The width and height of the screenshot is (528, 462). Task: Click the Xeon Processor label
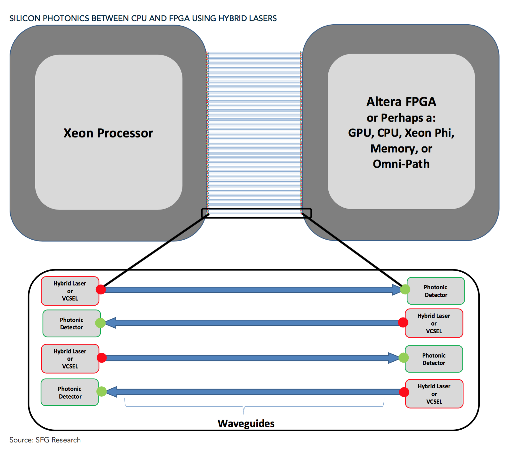pyautogui.click(x=108, y=133)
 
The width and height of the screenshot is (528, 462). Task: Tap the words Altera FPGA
pyautogui.click(x=401, y=102)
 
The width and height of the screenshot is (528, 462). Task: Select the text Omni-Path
pyautogui.click(x=401, y=164)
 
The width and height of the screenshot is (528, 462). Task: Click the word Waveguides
pyautogui.click(x=246, y=424)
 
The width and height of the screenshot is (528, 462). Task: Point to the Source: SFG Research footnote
pyautogui.click(x=45, y=440)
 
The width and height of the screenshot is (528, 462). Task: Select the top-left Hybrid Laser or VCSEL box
pyautogui.click(x=70, y=291)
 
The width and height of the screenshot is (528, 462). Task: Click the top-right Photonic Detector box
pyautogui.click(x=436, y=291)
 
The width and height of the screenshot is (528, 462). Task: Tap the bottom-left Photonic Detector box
pyautogui.click(x=70, y=392)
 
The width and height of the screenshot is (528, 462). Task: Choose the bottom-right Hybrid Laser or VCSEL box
pyautogui.click(x=434, y=394)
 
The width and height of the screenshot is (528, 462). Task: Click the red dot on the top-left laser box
pyautogui.click(x=101, y=289)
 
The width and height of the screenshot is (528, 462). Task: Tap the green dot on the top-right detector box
pyautogui.click(x=405, y=289)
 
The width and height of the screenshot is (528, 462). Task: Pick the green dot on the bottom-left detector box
pyautogui.click(x=101, y=391)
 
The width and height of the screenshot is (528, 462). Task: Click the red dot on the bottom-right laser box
pyautogui.click(x=404, y=392)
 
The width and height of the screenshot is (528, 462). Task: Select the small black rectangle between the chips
pyautogui.click(x=256, y=213)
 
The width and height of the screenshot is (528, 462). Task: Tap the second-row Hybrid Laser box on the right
pyautogui.click(x=434, y=323)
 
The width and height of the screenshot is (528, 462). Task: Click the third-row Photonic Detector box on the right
pyautogui.click(x=434, y=359)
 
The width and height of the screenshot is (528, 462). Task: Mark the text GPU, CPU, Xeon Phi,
pyautogui.click(x=401, y=133)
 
